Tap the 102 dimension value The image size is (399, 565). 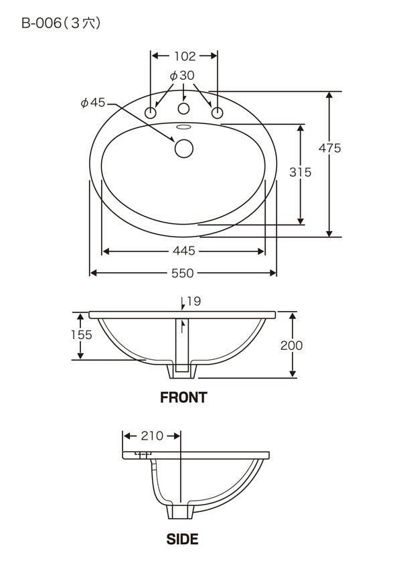coord(185,56)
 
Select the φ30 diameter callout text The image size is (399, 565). coord(182,75)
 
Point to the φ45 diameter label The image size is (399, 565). coord(93,103)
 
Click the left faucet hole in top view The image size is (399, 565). coord(151,113)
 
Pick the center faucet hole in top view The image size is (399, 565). coord(184,109)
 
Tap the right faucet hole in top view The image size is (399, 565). coord(217,113)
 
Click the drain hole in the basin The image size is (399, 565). coord(184,149)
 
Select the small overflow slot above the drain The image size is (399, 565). coord(184,127)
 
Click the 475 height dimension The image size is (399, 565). coord(329,147)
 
